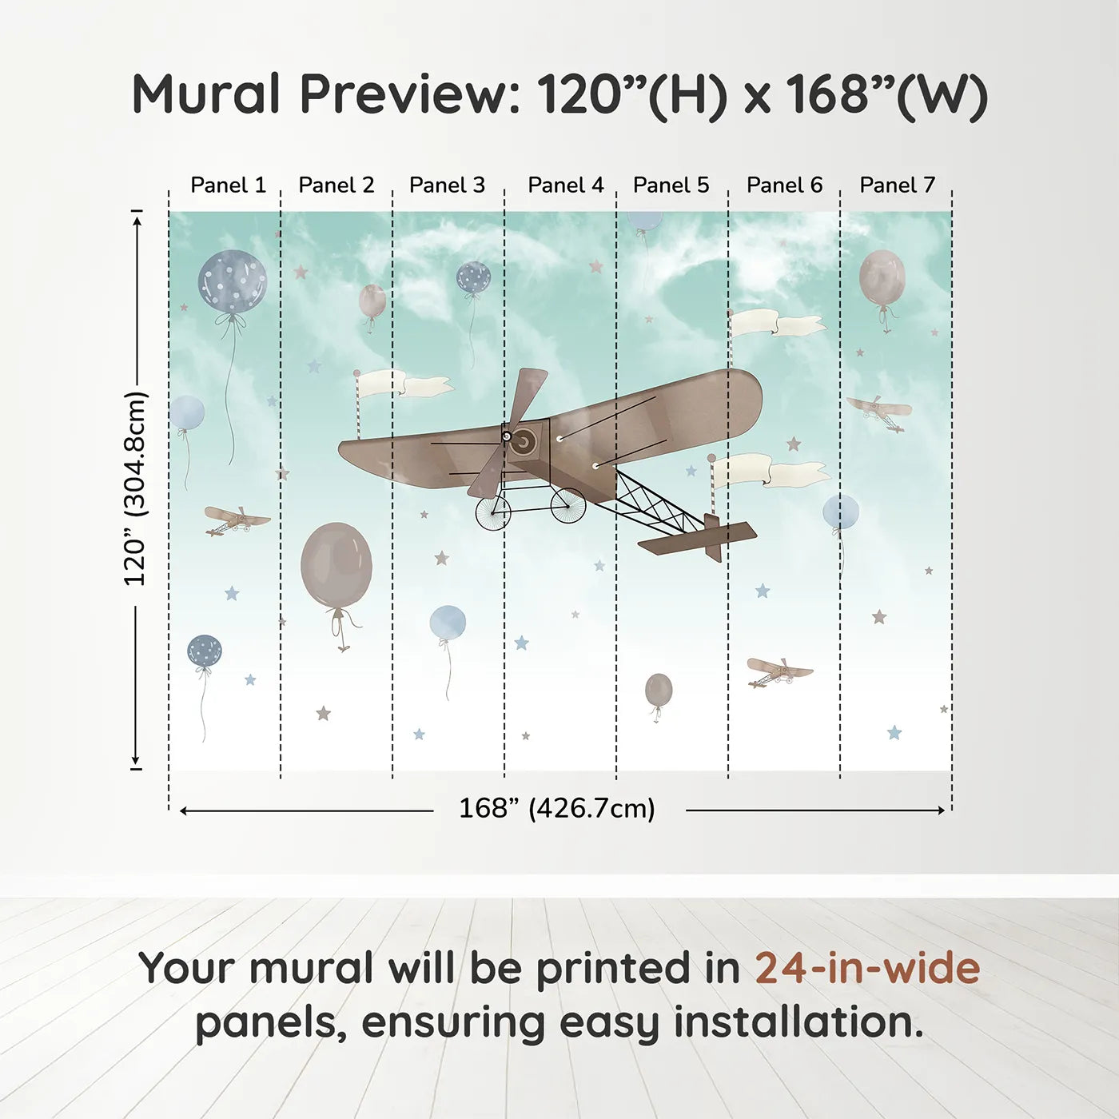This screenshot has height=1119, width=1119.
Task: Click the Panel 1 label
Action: [x=229, y=185]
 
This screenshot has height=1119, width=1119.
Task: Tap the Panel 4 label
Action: [x=566, y=185]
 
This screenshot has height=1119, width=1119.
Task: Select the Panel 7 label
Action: [x=897, y=185]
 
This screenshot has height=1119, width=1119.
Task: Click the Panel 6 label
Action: [x=785, y=185]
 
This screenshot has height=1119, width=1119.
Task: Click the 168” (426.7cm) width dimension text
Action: [x=557, y=808]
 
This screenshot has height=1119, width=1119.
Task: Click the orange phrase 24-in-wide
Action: [x=867, y=968]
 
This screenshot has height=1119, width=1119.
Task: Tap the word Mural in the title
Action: [x=206, y=94]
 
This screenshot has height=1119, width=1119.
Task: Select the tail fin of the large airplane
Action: [x=713, y=537]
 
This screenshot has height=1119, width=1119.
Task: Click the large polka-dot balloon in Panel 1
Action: [x=233, y=285]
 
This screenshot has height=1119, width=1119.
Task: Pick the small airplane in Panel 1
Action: [x=237, y=520]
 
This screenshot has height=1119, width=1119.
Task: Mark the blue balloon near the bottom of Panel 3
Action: [x=448, y=623]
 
